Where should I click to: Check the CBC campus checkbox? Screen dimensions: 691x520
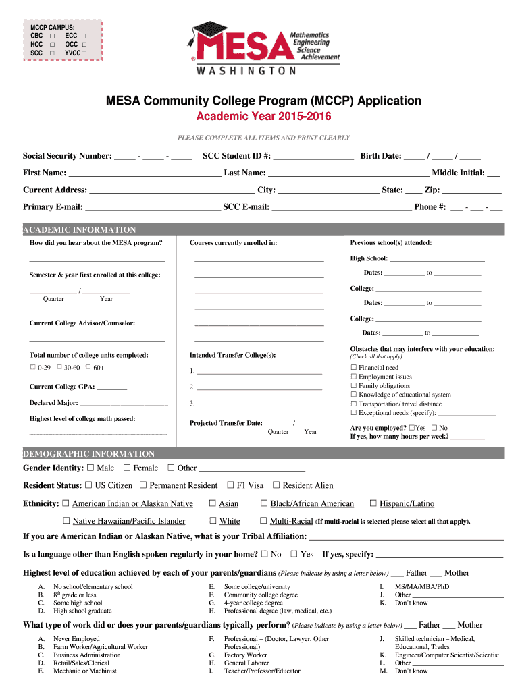52,35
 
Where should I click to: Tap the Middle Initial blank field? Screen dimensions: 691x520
493,173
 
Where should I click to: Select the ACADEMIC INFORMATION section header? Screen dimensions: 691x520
80,229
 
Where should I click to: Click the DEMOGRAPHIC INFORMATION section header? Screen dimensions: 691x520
89,454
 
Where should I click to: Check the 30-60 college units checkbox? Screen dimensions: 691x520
59,367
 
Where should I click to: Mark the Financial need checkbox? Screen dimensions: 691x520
353,368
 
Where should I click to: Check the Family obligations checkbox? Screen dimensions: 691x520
353,386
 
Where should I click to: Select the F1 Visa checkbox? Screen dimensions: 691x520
231,485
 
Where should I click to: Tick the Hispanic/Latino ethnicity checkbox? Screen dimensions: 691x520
373,503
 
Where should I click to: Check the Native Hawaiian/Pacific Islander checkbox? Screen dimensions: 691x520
66,521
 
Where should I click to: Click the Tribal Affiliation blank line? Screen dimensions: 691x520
406,537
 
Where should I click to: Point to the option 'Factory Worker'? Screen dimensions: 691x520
245,655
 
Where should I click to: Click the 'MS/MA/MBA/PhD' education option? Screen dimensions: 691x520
421,587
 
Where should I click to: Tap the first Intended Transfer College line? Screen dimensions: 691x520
259,371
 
